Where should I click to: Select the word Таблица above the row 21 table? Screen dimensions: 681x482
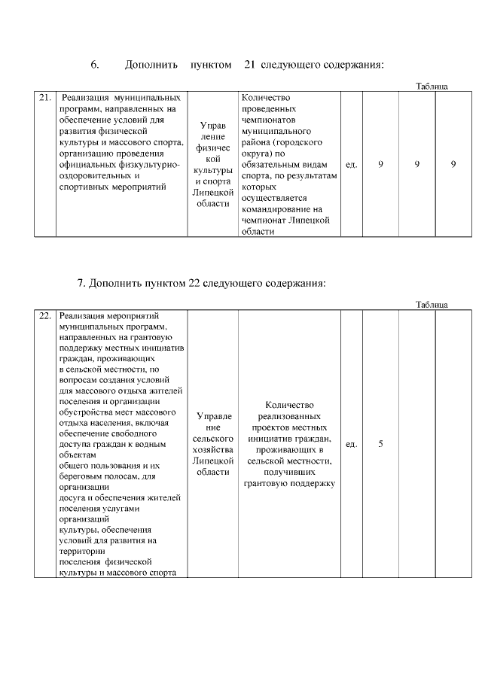click(432, 86)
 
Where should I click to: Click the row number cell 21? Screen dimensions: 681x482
click(44, 98)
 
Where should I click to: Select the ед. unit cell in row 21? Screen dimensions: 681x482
click(351, 163)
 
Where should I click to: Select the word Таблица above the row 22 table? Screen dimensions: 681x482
click(432, 304)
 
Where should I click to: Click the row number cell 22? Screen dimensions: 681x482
click(44, 316)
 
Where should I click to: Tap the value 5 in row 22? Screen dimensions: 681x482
click(380, 444)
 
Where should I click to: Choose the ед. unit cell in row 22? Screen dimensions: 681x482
click(351, 444)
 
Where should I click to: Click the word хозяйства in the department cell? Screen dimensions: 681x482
click(212, 448)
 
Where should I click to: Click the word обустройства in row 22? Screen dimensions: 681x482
click(87, 412)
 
